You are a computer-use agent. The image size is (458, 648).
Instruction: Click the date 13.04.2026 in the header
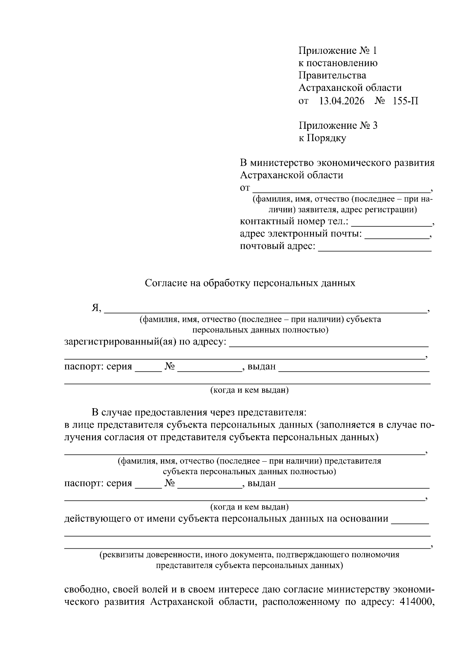pos(342,101)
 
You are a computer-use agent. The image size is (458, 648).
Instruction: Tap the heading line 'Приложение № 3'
pos(338,126)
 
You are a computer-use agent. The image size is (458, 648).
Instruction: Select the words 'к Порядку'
pos(322,138)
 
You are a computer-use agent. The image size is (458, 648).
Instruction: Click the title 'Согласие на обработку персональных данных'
pos(250,283)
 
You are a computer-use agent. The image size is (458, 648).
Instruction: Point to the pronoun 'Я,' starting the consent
pos(96,308)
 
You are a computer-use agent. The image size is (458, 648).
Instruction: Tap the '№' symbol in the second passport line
pos(170,483)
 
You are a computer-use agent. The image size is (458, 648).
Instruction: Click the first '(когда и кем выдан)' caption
pos(250,390)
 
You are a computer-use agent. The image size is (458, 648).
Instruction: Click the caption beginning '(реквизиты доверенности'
pos(250,555)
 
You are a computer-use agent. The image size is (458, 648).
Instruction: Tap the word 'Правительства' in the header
pos(332,75)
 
